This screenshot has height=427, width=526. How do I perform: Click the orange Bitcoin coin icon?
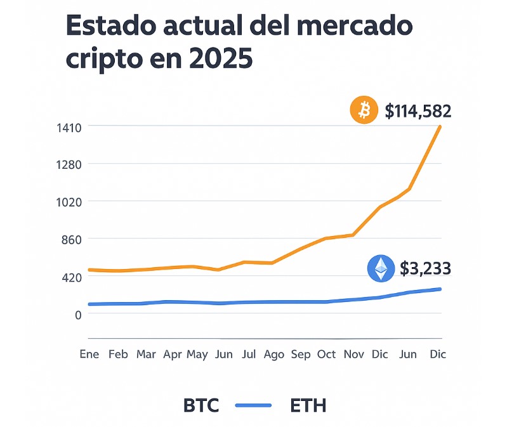[x=364, y=111]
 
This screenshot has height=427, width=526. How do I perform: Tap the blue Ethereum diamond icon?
[x=380, y=268]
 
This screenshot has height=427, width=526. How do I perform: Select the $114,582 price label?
[x=418, y=111]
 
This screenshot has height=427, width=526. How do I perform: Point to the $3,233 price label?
[x=425, y=268]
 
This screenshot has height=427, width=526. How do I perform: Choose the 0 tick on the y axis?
[x=95, y=315]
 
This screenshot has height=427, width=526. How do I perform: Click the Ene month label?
[x=89, y=354]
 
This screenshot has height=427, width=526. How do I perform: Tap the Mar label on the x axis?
[x=146, y=354]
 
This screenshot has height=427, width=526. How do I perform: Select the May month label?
[x=197, y=354]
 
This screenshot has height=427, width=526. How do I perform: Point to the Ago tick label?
[x=273, y=354]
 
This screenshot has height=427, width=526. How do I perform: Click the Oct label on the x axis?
[x=327, y=354]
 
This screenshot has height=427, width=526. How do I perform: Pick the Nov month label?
[x=353, y=354]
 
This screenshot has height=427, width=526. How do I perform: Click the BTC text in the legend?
[x=201, y=405]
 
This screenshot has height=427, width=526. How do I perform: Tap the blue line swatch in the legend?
[x=253, y=405]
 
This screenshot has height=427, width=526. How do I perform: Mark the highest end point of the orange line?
[x=440, y=127]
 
